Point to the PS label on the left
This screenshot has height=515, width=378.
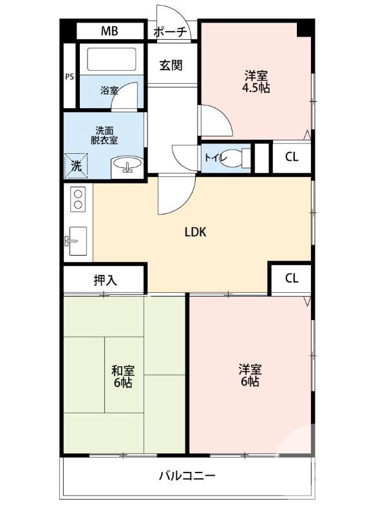coord(70,77)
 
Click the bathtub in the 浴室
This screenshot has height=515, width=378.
coord(109,60)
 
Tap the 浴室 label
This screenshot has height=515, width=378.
coord(109,91)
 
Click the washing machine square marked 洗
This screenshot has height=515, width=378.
coord(75,165)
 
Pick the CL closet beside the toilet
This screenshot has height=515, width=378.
coord(291,157)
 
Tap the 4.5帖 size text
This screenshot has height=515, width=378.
coord(256,88)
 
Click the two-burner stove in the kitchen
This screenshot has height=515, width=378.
coord(79,198)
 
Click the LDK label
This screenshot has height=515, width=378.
coord(195,232)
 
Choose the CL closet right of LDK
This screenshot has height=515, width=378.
coord(291,278)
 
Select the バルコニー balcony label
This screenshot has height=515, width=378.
coord(187,476)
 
